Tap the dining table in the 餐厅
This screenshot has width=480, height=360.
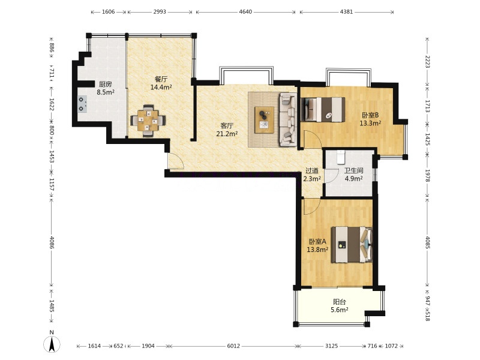[148, 121]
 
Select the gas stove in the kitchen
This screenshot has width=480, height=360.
[82, 104]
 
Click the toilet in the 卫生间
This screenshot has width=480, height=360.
[340, 157]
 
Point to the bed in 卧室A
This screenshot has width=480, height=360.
[352, 245]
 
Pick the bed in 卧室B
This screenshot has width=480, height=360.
[323, 110]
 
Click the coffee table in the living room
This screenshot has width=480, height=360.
[265, 119]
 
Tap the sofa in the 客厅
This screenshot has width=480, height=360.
[288, 119]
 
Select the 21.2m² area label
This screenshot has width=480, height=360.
[227, 134]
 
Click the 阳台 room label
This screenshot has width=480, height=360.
[340, 302]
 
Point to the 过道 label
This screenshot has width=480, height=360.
[312, 171]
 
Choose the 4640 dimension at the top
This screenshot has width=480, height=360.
[245, 12]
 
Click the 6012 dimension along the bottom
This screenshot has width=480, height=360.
[233, 346]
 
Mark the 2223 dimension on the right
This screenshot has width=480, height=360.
[428, 62]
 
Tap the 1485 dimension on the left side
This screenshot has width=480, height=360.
[52, 306]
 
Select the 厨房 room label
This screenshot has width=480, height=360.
[106, 84]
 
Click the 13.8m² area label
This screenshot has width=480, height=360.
[317, 250]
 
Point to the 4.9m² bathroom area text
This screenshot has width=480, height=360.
[354, 178]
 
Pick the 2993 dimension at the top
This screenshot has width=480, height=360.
[160, 12]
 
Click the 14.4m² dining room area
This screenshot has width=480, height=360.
[161, 87]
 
